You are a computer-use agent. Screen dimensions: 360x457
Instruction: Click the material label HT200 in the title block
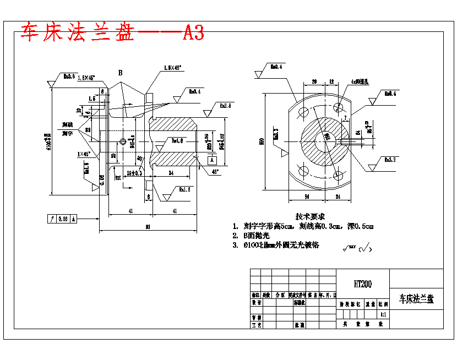363,284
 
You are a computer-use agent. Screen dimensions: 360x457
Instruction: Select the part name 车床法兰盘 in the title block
416,299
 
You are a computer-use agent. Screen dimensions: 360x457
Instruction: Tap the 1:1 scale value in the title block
383,314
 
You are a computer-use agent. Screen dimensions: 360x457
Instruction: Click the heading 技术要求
310,217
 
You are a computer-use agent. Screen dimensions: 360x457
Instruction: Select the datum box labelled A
211,159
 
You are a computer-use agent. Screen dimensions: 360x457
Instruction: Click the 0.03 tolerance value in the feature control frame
63,219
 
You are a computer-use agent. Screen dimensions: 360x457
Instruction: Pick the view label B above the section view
120,73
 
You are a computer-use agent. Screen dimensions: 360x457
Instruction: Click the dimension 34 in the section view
171,173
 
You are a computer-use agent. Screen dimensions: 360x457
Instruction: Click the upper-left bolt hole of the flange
303,112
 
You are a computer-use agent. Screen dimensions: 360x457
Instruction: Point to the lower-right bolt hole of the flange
339,176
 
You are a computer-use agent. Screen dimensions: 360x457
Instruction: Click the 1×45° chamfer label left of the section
85,154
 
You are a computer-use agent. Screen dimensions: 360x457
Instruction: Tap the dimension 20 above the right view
314,81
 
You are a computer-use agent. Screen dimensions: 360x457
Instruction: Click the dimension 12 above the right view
331,81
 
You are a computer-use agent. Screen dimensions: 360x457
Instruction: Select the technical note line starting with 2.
251,236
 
